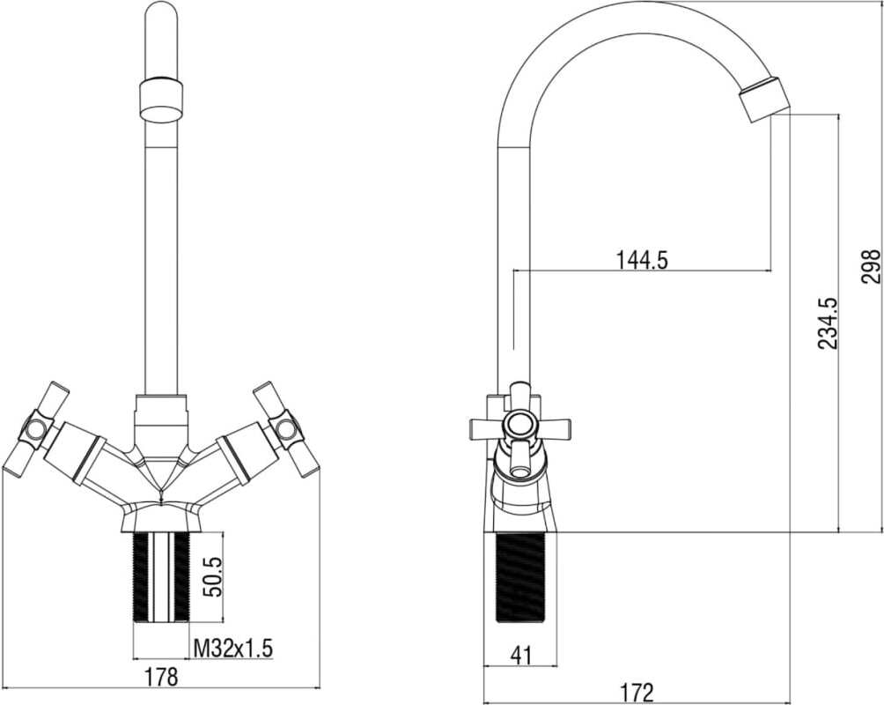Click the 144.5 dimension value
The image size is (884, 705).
pos(641,260)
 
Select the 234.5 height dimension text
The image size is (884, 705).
pos(828,324)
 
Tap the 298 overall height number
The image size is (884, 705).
pos(871,265)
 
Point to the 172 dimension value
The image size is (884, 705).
pos(637,692)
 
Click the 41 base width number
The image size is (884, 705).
pos(520,656)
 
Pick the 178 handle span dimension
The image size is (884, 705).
pos(161,676)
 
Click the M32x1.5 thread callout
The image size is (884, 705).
pos(232,649)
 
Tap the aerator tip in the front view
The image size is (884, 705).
pos(162,100)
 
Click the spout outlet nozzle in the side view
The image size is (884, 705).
pos(762,98)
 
